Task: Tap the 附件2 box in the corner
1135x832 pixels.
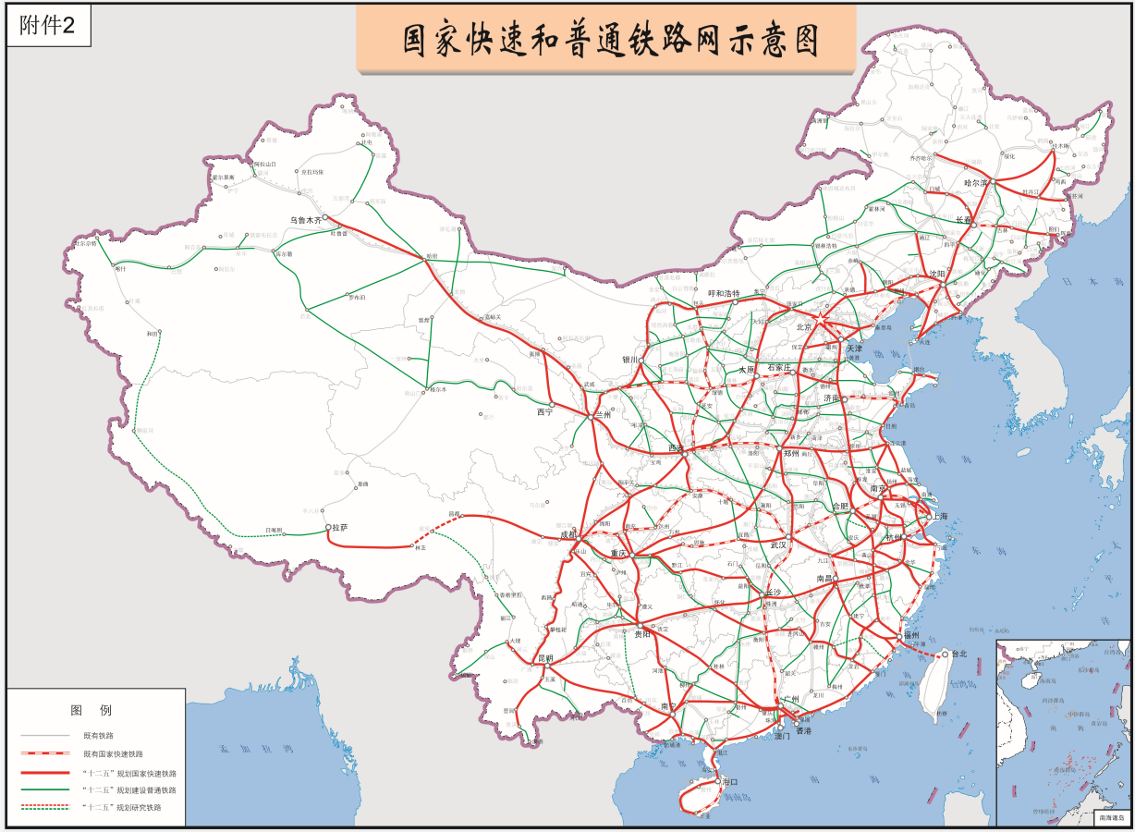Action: (x=48, y=27)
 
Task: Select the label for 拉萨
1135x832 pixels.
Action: (x=340, y=528)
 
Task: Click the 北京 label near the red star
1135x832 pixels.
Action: (x=802, y=326)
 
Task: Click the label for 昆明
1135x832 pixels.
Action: (x=544, y=659)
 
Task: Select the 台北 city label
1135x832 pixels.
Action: (x=956, y=654)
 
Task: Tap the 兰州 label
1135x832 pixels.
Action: (x=603, y=415)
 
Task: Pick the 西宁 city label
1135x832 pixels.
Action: (x=543, y=413)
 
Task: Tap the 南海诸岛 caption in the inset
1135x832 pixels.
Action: (x=1110, y=818)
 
